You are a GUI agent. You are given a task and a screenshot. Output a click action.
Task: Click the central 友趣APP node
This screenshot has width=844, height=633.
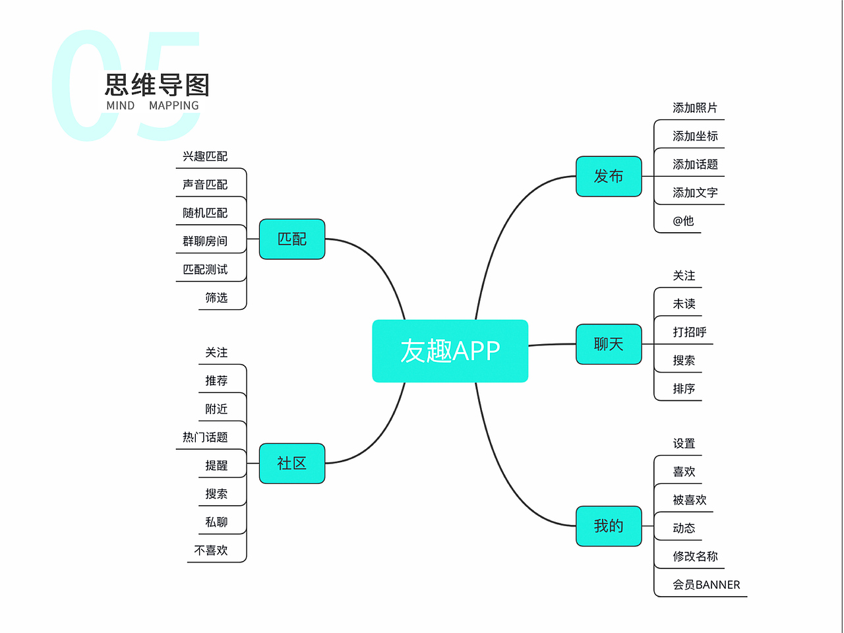[450, 351]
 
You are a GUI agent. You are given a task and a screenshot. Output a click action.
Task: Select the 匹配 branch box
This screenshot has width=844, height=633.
[292, 239]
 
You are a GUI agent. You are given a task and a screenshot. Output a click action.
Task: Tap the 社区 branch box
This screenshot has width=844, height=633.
[292, 464]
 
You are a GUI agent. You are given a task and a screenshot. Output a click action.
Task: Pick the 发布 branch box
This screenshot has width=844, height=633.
[609, 176]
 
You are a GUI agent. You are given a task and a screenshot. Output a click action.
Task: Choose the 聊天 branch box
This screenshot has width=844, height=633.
[609, 344]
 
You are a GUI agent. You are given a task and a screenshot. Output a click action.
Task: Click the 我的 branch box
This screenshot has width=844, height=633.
[609, 526]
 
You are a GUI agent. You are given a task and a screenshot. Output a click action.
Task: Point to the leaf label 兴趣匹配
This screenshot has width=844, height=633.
[205, 156]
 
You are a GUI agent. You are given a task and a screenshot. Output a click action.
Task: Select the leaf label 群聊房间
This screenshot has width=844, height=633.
[205, 241]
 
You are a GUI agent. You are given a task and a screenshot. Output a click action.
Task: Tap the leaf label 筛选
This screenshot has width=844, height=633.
[216, 298]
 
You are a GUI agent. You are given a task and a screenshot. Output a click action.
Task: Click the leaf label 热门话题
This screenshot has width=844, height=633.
[205, 437]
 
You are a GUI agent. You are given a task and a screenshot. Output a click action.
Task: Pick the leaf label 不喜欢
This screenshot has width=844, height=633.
[211, 551]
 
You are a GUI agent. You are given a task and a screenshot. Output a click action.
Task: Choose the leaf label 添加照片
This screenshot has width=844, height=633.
[695, 108]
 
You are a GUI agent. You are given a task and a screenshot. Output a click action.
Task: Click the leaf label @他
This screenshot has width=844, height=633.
[683, 221]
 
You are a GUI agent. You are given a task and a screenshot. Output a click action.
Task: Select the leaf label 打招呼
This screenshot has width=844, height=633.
[689, 332]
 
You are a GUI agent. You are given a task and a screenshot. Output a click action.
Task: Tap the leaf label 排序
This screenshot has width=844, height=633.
[684, 389]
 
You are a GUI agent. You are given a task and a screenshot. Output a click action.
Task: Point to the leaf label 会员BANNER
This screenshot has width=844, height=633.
[706, 585]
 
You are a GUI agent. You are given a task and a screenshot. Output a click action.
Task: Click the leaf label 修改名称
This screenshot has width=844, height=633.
[695, 557]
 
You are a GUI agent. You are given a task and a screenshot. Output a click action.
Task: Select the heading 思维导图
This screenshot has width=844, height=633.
[157, 85]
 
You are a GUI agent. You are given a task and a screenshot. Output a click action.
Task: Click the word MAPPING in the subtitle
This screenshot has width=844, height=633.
[173, 105]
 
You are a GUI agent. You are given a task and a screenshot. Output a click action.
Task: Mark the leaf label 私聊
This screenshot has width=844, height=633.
[216, 522]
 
